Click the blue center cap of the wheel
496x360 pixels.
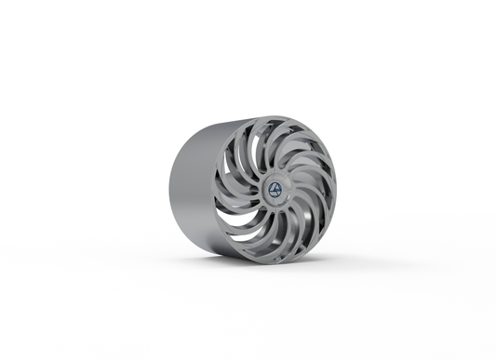(275, 189)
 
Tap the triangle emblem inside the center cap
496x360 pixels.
(275, 189)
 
